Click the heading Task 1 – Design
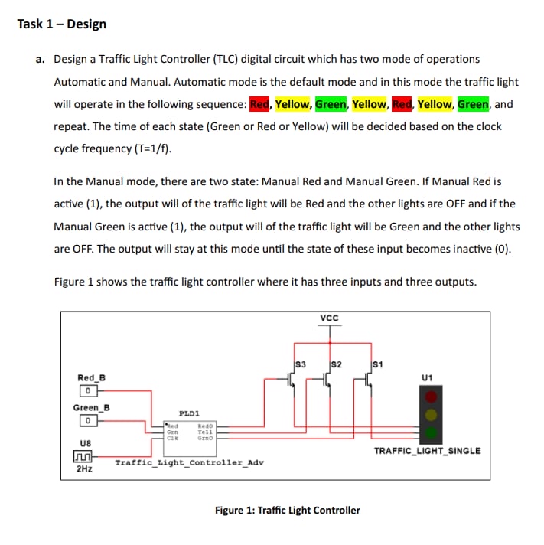coord(62,24)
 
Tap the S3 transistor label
coord(301,364)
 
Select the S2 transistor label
coord(335,364)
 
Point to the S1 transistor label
coord(376,364)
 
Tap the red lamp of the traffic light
coord(432,397)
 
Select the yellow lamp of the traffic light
coord(432,414)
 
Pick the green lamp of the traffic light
coord(432,432)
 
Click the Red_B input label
coord(92,377)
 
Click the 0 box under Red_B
coord(89,392)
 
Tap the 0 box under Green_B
coord(89,421)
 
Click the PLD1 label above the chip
coord(189,412)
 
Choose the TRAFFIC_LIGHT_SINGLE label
coord(427,450)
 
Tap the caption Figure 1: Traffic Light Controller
coord(287,510)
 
